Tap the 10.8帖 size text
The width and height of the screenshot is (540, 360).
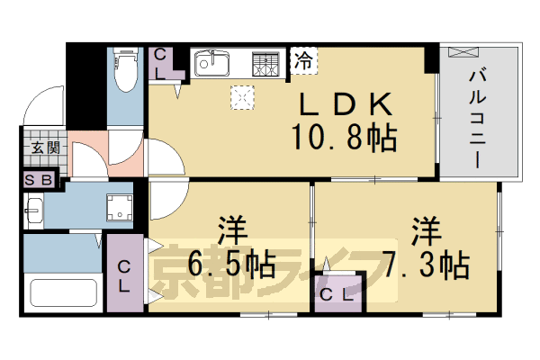(345, 139)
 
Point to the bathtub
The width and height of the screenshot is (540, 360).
(63, 292)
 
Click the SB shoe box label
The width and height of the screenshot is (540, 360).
(42, 180)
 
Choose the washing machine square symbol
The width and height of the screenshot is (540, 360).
(118, 207)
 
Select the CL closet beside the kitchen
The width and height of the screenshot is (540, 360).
(162, 65)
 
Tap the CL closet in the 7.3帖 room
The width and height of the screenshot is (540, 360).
(337, 292)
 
